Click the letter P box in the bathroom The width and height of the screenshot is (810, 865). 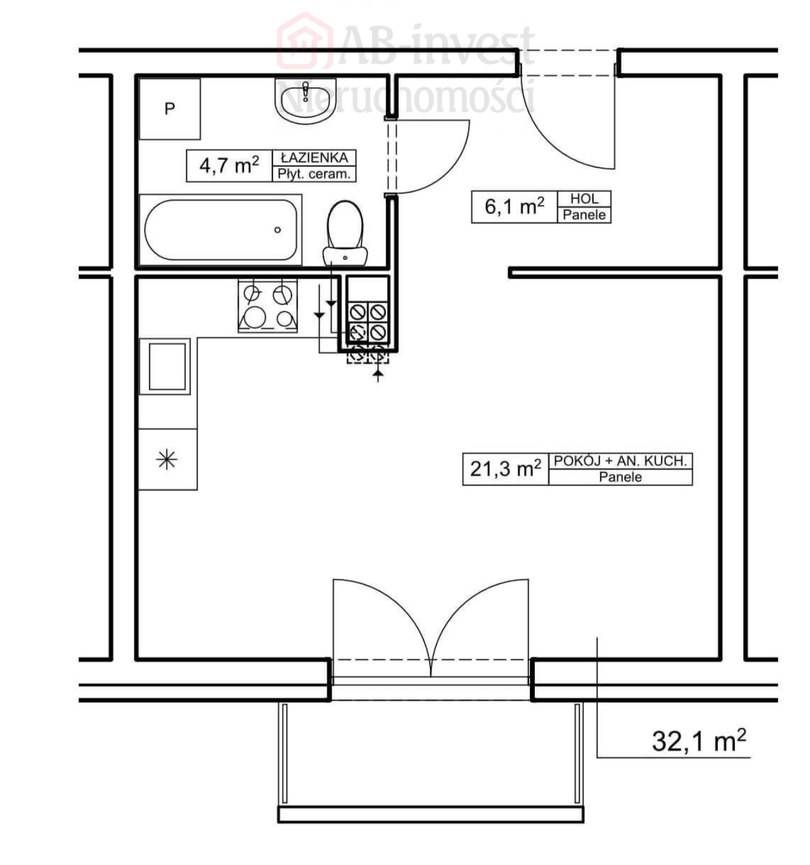click(169, 108)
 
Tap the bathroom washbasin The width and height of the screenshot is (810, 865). click(305, 101)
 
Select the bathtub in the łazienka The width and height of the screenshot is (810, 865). click(220, 229)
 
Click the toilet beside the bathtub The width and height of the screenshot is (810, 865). click(345, 234)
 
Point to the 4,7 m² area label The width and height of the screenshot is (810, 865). click(229, 165)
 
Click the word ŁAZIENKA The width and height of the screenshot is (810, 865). click(314, 157)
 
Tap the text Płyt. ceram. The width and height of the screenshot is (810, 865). click(314, 175)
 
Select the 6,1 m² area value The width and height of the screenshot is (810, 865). click(515, 206)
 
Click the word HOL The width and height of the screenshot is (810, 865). click(584, 199)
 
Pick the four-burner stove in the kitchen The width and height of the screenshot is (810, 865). click(268, 306)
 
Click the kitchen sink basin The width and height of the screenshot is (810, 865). click(167, 366)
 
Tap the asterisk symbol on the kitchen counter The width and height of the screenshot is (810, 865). click(167, 459)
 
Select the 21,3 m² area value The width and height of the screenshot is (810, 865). click(505, 469)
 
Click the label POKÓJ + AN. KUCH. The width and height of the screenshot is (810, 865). click(620, 461)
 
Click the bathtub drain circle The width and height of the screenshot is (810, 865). click(278, 230)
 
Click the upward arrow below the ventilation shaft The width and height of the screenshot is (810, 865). click(378, 375)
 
